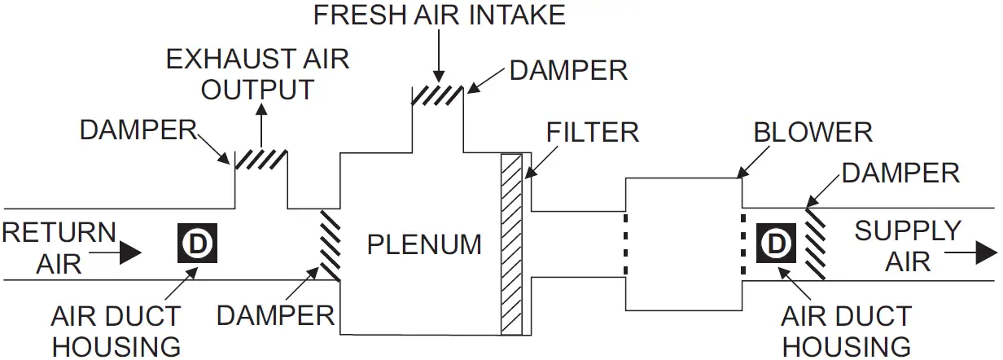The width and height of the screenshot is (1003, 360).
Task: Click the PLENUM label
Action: pos(423,244)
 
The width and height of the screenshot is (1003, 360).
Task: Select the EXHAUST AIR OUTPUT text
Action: pos(257,73)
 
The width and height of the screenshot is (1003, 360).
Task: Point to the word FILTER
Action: pos(592,132)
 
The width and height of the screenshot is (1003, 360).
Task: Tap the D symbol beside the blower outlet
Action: pos(777,244)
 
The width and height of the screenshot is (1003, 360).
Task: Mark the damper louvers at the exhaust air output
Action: pos(261,157)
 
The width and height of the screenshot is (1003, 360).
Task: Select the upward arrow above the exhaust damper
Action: pos(261,122)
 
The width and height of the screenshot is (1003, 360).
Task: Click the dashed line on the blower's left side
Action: pos(624,244)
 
